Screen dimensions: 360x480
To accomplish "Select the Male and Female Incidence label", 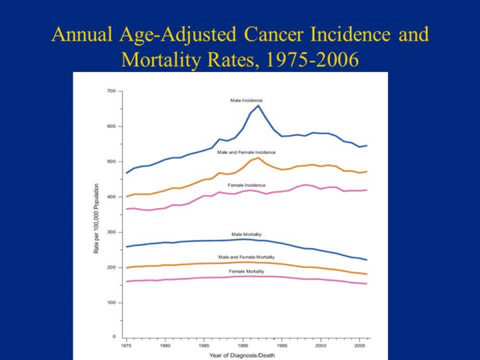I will (246, 152).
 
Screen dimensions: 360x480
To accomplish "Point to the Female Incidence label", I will (247, 185).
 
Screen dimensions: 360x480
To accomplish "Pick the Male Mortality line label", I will (246, 234).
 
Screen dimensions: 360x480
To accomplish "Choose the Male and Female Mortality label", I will (246, 257).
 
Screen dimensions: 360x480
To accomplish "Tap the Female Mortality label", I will (247, 271).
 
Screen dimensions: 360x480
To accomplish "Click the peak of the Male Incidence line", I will (259, 105).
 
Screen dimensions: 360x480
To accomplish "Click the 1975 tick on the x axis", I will (125, 347).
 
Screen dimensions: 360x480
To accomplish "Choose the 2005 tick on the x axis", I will (359, 347).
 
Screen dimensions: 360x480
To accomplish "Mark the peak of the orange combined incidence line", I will (259, 157).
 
